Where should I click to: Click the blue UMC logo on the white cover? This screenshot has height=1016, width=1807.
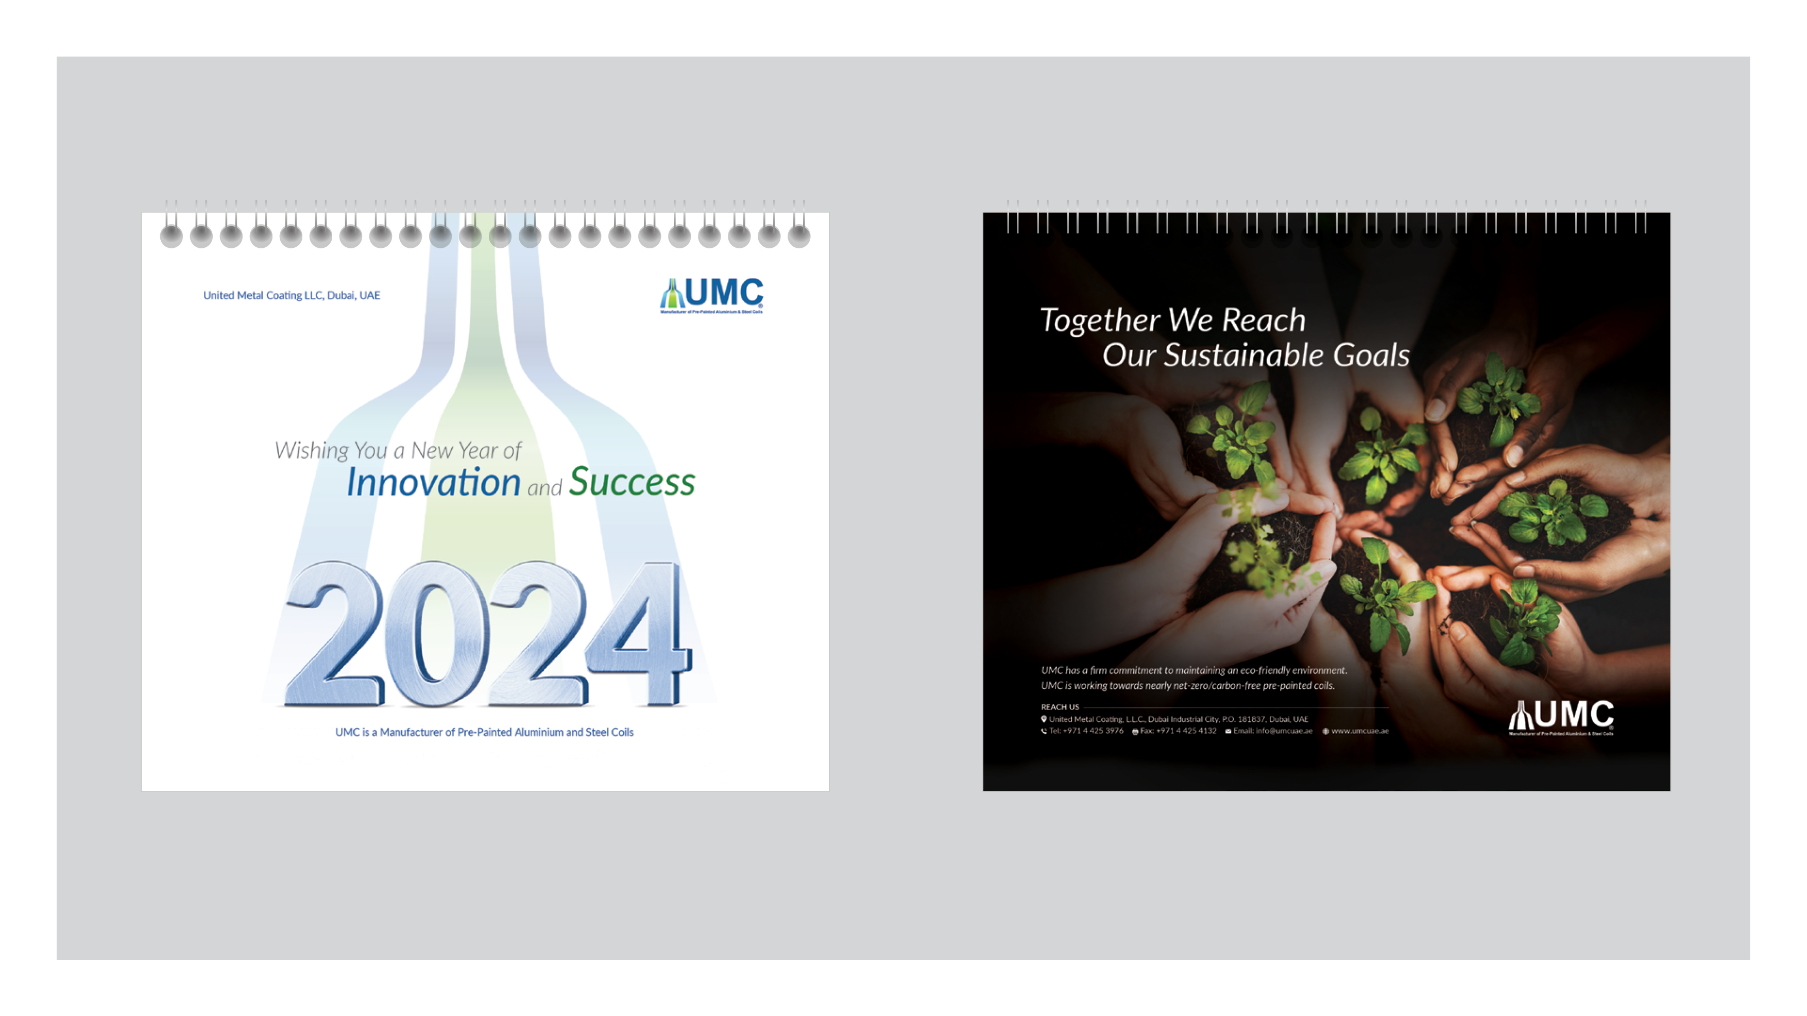[711, 295]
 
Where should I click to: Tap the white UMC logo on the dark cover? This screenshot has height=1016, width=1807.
[1561, 716]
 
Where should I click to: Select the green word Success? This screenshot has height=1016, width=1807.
[632, 483]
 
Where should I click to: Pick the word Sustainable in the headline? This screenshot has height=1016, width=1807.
[1243, 355]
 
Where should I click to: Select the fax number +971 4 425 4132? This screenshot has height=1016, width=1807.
[1185, 731]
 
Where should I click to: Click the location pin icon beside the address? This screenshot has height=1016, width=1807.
[1044, 719]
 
